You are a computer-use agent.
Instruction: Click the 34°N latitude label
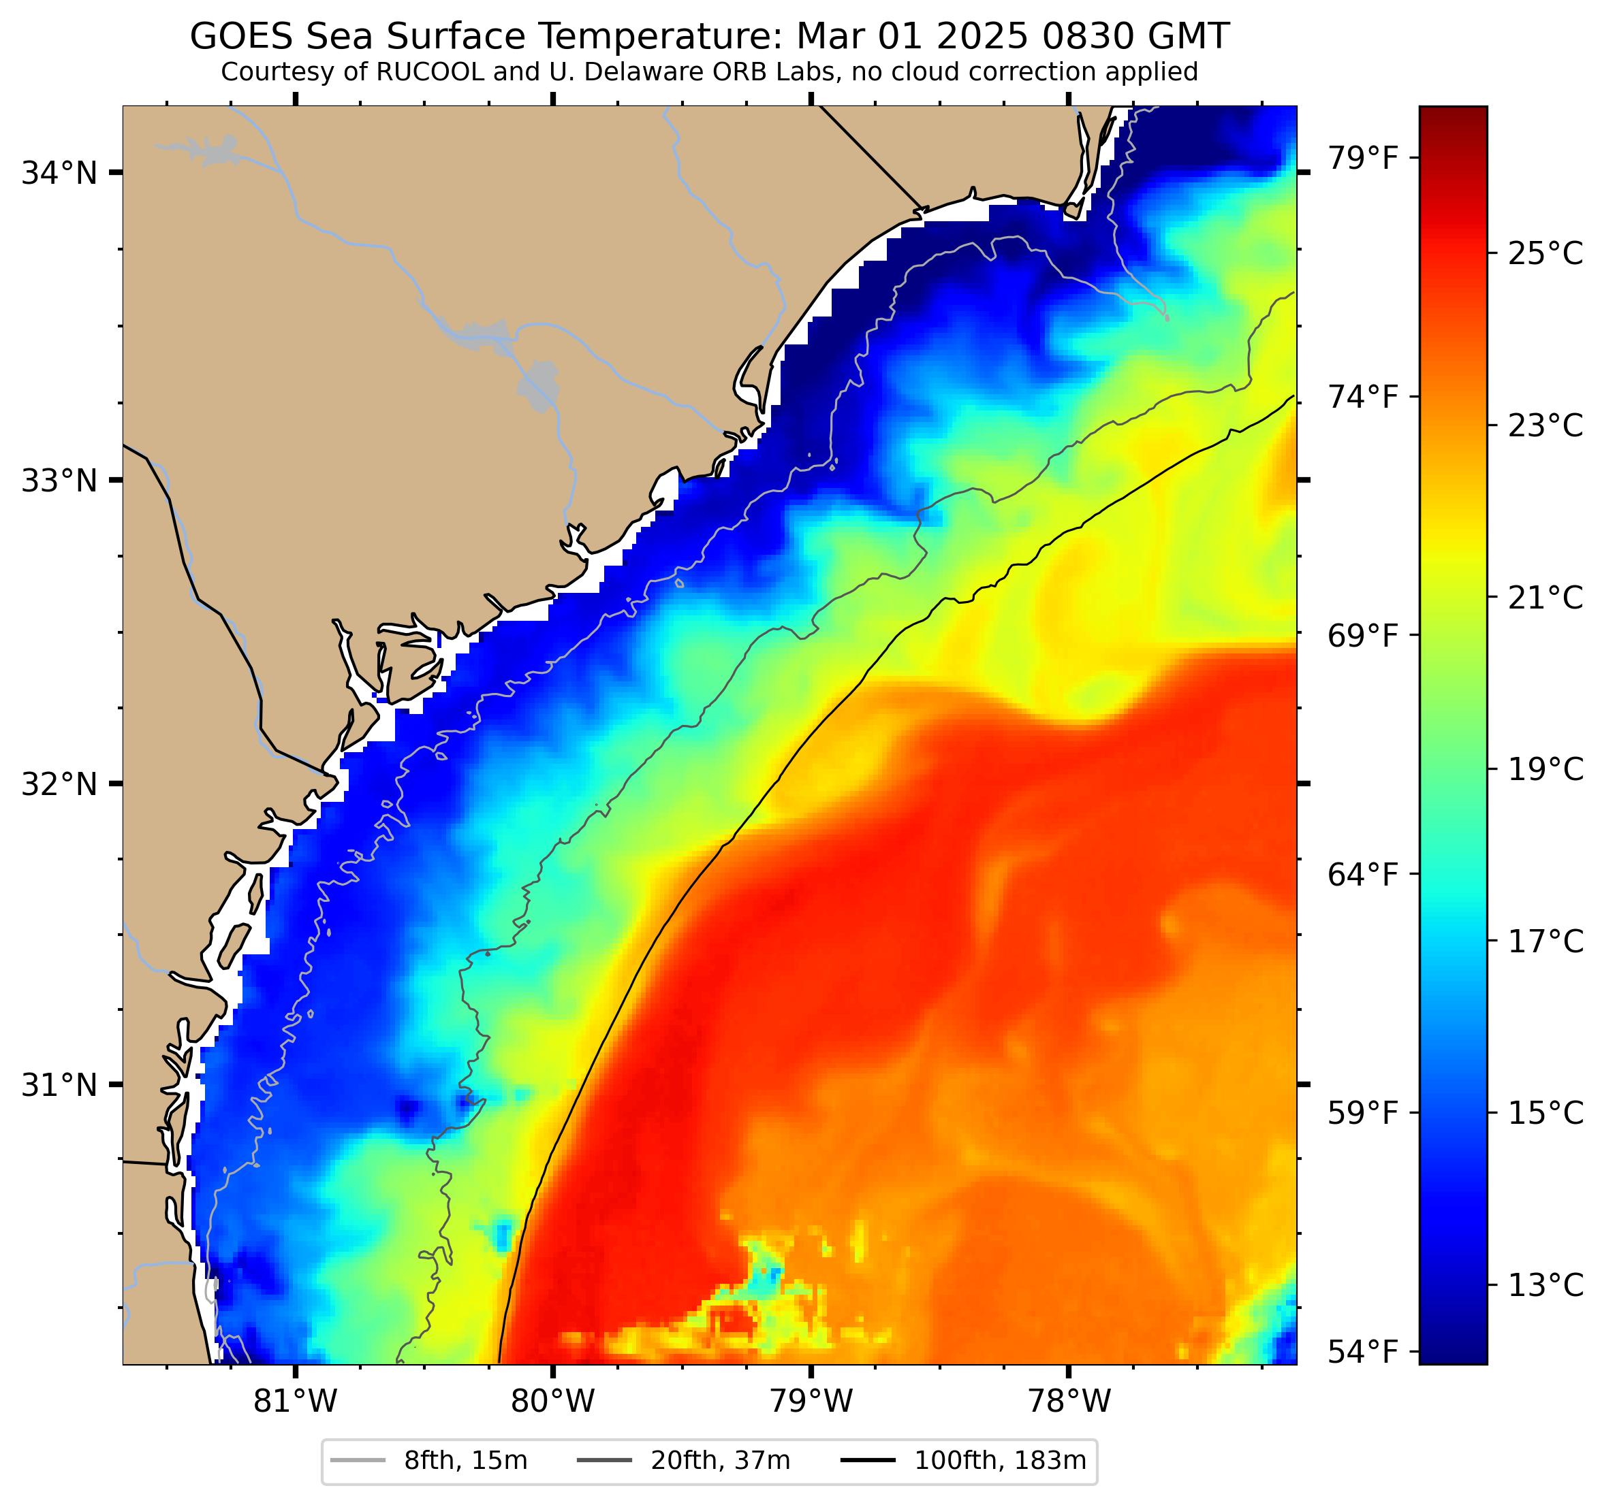click(x=58, y=173)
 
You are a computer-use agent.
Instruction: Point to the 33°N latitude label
click(x=58, y=481)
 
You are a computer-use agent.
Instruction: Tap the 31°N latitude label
click(x=58, y=1085)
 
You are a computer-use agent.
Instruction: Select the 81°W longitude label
click(x=296, y=1402)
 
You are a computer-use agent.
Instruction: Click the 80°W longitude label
click(x=553, y=1402)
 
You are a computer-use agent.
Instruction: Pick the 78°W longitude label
click(x=1069, y=1402)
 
